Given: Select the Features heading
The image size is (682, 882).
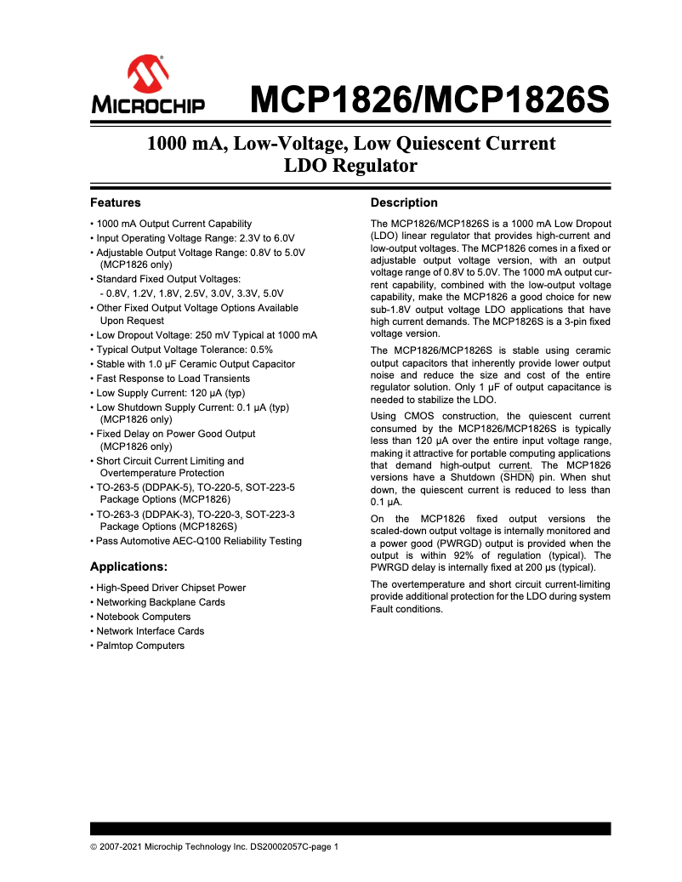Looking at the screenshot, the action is click(x=115, y=202).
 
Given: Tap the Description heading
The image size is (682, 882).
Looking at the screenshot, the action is click(x=404, y=202).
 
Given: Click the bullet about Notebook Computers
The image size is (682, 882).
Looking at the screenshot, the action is click(x=143, y=617).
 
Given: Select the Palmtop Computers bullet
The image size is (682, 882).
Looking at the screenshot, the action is click(x=140, y=646).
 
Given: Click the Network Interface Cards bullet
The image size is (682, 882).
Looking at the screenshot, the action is click(x=150, y=631).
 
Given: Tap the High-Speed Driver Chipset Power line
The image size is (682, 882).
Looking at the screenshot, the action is click(x=171, y=588).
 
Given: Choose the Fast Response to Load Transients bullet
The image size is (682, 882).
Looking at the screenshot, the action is click(x=173, y=378).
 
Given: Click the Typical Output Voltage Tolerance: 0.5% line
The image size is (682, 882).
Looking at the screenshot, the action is click(x=184, y=350).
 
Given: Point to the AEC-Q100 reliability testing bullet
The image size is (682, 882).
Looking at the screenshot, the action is click(x=198, y=541).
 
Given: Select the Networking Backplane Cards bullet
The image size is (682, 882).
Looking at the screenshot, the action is click(x=161, y=602).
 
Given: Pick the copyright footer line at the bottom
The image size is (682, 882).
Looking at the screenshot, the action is click(x=214, y=847).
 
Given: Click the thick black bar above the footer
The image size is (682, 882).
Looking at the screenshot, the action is click(x=350, y=828).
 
